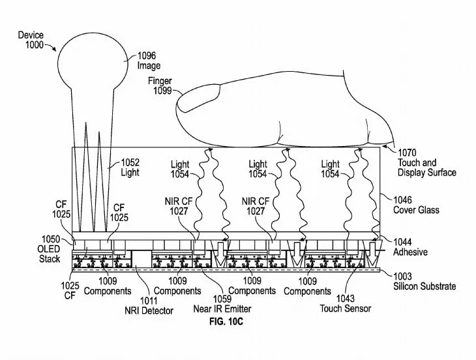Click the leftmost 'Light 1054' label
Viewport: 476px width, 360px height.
(180, 170)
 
